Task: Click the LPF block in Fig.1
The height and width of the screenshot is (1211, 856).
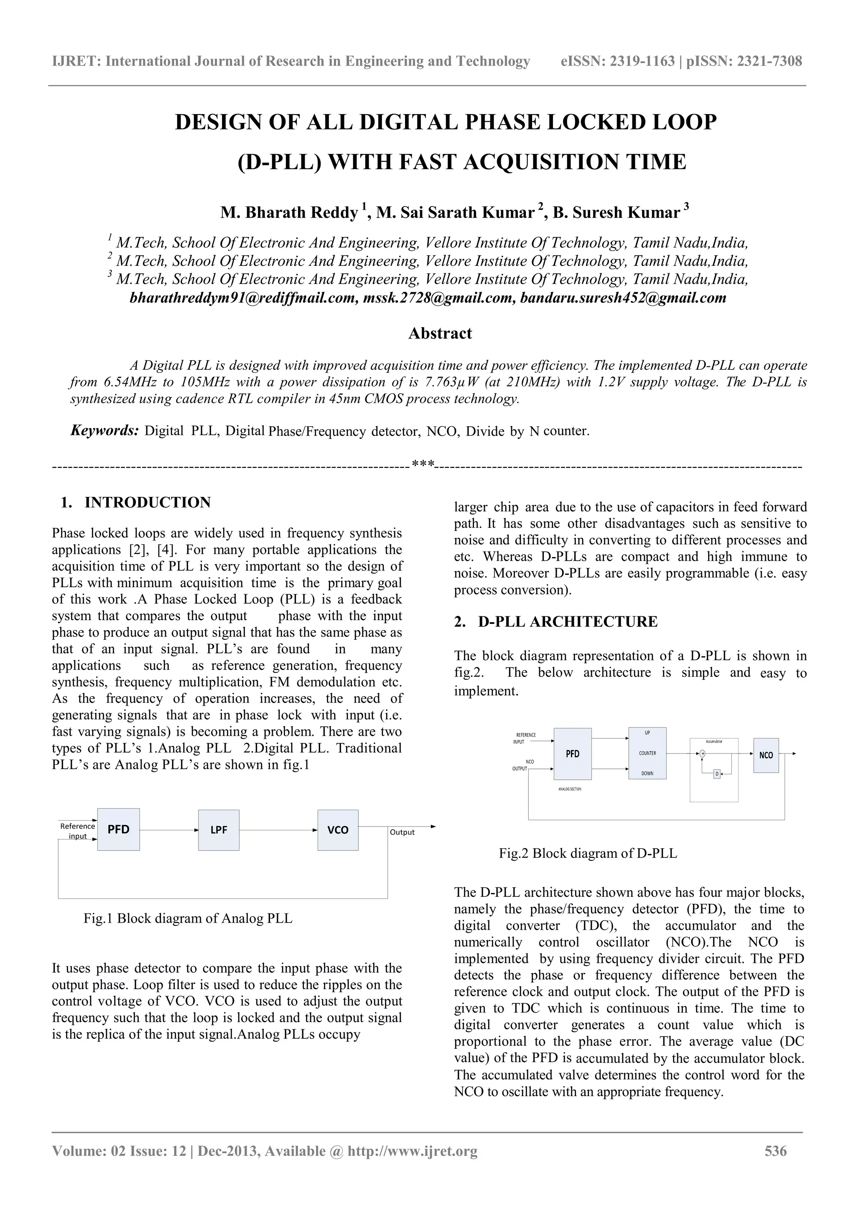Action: (x=218, y=829)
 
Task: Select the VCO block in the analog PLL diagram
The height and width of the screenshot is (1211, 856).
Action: (x=338, y=829)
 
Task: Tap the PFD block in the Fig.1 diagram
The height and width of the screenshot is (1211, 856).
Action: (x=118, y=829)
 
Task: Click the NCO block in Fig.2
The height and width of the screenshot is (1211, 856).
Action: (x=766, y=755)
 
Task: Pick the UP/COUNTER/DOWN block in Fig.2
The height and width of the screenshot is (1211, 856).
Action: (x=647, y=753)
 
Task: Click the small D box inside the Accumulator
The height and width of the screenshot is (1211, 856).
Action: (x=717, y=774)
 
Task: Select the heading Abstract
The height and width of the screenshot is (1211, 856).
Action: (x=440, y=333)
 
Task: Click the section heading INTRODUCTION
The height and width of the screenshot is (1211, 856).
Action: (x=147, y=502)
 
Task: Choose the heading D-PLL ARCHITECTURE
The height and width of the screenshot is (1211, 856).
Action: (x=568, y=621)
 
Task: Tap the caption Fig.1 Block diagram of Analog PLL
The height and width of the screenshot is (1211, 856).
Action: (x=188, y=918)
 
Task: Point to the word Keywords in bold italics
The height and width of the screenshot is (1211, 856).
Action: (x=104, y=430)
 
